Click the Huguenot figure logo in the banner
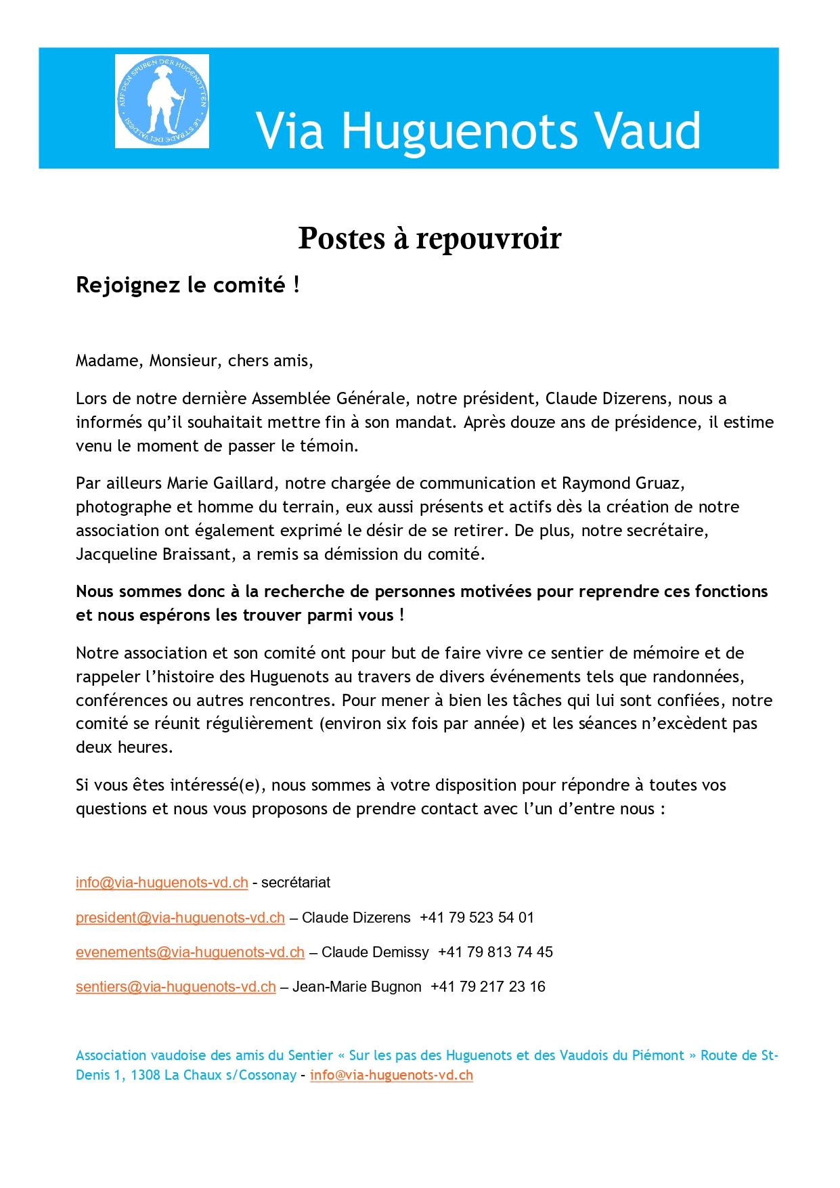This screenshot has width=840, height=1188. [x=162, y=102]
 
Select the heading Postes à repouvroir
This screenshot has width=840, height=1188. [x=430, y=238]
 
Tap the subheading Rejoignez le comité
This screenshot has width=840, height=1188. [x=187, y=285]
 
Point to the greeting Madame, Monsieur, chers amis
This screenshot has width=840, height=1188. [x=194, y=361]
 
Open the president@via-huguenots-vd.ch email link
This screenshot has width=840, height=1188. [x=180, y=918]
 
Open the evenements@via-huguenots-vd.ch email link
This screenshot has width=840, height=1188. [x=190, y=952]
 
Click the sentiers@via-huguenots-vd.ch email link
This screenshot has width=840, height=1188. [x=176, y=987]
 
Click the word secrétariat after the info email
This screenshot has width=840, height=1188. [x=296, y=883]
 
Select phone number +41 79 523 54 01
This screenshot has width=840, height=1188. [x=477, y=918]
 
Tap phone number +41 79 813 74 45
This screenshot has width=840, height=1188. [x=495, y=952]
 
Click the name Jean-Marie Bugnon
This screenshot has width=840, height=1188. [x=357, y=987]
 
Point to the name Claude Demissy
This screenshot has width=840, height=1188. [x=375, y=952]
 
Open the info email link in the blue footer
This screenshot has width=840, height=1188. [x=391, y=1076]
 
